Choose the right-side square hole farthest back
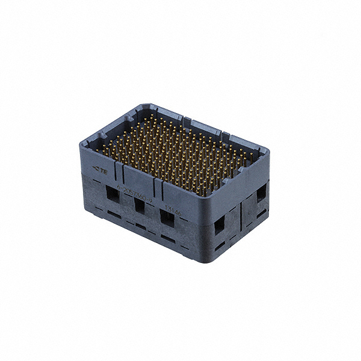[261, 194]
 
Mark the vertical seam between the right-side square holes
[240, 211]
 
